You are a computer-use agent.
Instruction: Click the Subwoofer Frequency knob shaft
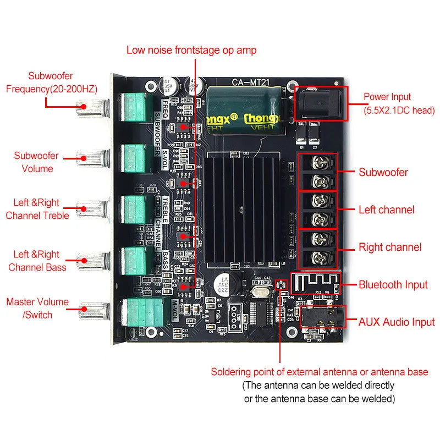coord(90,107)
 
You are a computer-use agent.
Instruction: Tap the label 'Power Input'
coord(387,97)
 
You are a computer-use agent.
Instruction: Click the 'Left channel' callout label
coord(386,210)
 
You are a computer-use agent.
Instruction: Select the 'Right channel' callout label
coord(390,248)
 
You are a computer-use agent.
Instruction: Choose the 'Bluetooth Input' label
coord(393,284)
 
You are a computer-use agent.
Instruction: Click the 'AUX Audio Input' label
coord(396,322)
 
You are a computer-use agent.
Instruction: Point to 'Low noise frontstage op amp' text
coord(191,50)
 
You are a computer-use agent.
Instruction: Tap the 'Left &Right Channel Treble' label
coord(37,209)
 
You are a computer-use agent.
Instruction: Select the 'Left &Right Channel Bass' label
coord(37,261)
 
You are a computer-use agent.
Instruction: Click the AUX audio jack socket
coord(322,318)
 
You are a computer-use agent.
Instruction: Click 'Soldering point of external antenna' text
coord(319,372)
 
